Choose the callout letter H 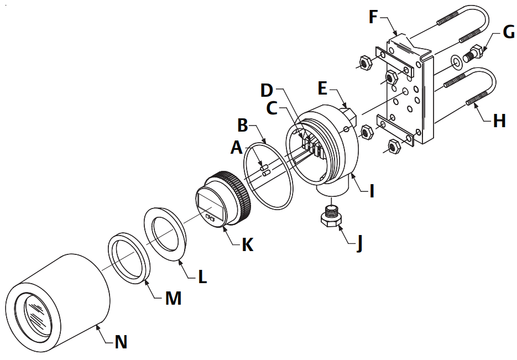pos(499,121)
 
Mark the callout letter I pos(372,191)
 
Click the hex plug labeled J pos(331,217)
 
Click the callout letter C pos(271,108)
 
